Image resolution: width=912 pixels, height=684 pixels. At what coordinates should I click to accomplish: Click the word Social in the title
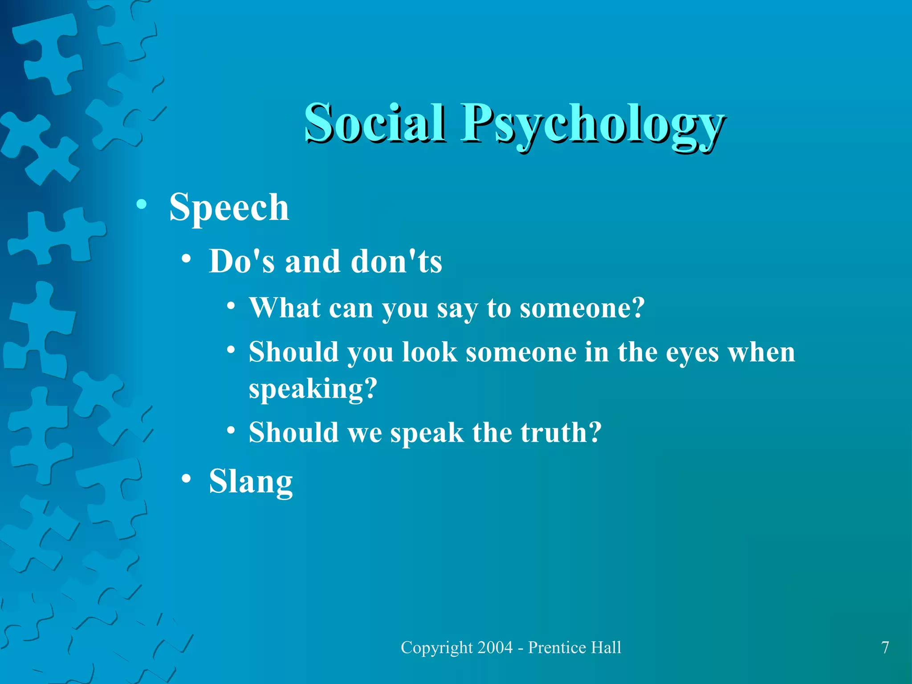(375, 122)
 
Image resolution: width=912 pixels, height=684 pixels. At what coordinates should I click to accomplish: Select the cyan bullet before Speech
(142, 204)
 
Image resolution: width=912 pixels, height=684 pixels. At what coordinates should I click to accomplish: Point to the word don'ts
(396, 261)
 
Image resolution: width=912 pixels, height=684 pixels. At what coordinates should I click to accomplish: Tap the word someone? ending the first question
(582, 308)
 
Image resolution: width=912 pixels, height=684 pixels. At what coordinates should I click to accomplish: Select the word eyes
(692, 353)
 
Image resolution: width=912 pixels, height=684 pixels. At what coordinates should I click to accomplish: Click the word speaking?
(313, 389)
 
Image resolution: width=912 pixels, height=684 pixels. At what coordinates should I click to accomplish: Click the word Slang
(251, 481)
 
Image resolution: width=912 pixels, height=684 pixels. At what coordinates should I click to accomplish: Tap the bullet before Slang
(187, 479)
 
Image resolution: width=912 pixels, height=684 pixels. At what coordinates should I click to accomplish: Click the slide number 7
(885, 647)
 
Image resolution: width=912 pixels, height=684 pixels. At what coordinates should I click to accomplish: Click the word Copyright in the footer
(436, 647)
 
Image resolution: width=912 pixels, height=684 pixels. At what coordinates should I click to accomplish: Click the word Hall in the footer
(606, 647)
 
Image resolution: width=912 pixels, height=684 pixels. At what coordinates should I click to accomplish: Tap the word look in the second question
(430, 352)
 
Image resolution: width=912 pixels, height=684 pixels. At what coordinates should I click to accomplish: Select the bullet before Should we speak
(231, 431)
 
